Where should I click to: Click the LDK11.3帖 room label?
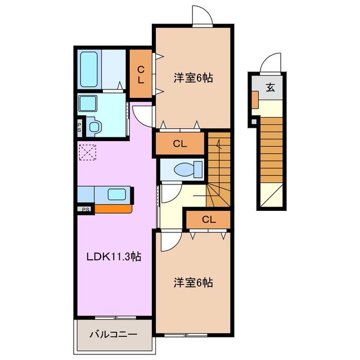point(113,257)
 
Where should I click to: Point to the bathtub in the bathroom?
point(89,69)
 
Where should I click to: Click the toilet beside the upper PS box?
point(94,126)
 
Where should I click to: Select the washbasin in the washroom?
point(88,103)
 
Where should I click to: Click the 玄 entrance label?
point(270,87)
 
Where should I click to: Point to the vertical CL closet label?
point(141,74)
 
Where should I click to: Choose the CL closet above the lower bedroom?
point(208,219)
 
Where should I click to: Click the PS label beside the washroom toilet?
point(80,127)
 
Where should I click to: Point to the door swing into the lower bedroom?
point(169,241)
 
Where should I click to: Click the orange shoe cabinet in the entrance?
point(255,99)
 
